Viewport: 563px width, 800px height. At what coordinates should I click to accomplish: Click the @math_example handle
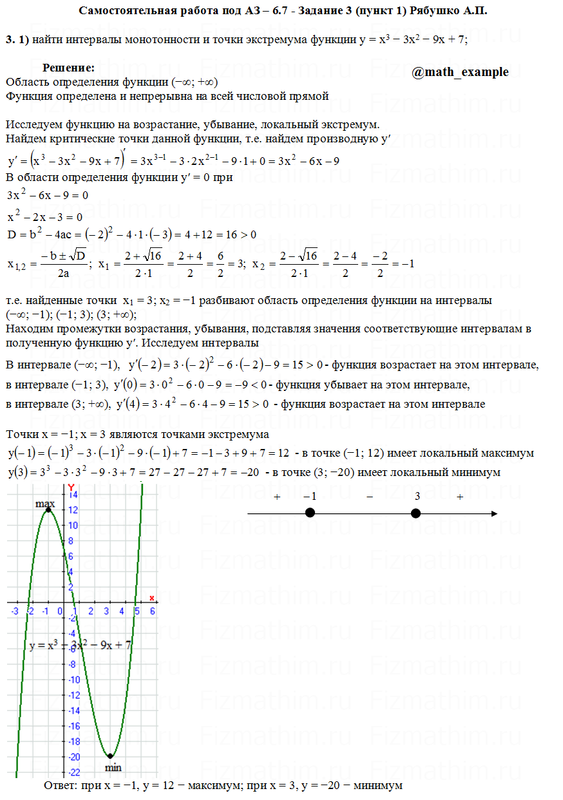[x=460, y=72]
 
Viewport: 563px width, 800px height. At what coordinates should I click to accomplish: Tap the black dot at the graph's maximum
[x=48, y=510]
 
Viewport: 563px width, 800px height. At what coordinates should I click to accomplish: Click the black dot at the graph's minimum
[x=110, y=756]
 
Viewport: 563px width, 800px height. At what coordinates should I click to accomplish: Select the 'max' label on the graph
[x=45, y=503]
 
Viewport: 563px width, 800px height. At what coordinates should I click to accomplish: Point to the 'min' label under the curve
[x=113, y=767]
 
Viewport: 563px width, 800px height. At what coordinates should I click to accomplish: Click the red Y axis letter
[x=72, y=487]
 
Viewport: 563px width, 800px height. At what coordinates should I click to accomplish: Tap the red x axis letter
[x=152, y=598]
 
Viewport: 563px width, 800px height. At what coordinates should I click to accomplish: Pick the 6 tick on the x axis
[x=152, y=611]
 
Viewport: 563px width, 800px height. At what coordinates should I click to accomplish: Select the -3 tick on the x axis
[x=14, y=611]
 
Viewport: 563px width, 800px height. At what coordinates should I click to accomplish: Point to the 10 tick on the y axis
[x=74, y=526]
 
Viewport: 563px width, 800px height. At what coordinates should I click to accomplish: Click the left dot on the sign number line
[x=310, y=513]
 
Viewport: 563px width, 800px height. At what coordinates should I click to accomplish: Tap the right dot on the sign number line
[x=415, y=513]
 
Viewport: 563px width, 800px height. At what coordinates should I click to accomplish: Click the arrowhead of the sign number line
[x=493, y=513]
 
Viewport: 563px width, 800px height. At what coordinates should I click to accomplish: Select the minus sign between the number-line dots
[x=370, y=497]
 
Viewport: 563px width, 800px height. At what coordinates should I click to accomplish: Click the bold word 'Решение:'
[x=69, y=68]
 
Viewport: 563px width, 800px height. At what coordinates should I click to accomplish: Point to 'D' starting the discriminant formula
[x=12, y=234]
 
